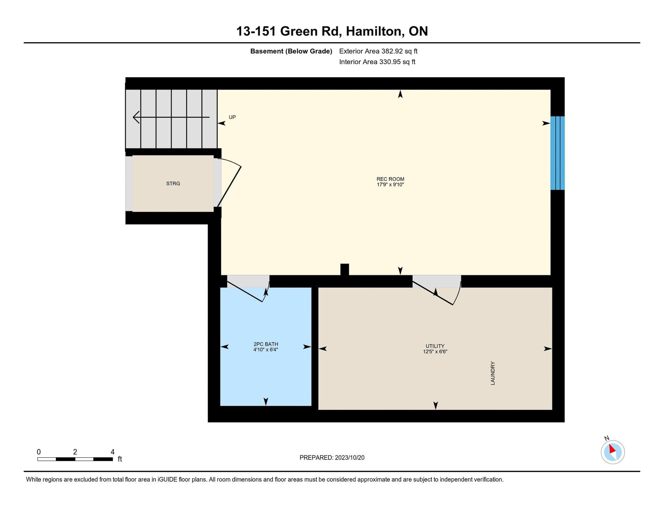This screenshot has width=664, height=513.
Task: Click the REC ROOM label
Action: tap(390, 179)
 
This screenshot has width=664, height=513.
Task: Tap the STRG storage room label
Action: tap(173, 183)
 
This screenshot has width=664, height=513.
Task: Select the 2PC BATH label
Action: tap(266, 344)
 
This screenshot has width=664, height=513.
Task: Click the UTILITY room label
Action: tap(435, 346)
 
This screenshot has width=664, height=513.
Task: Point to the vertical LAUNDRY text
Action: tap(493, 373)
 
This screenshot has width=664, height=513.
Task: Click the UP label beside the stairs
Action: tap(232, 117)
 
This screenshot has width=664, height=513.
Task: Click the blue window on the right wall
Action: tap(557, 153)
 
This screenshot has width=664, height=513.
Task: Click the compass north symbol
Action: tap(613, 452)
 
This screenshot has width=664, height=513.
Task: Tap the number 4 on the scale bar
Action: tap(113, 452)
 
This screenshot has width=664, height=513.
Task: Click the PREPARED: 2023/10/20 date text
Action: tap(332, 457)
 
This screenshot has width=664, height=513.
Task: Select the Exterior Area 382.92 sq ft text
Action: tap(378, 51)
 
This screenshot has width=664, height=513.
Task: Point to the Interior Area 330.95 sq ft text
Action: tap(377, 62)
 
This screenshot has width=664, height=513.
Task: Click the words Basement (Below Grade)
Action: tap(291, 51)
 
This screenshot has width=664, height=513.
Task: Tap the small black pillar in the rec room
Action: tap(345, 269)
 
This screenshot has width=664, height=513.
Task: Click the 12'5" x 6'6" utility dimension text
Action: tap(435, 352)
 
